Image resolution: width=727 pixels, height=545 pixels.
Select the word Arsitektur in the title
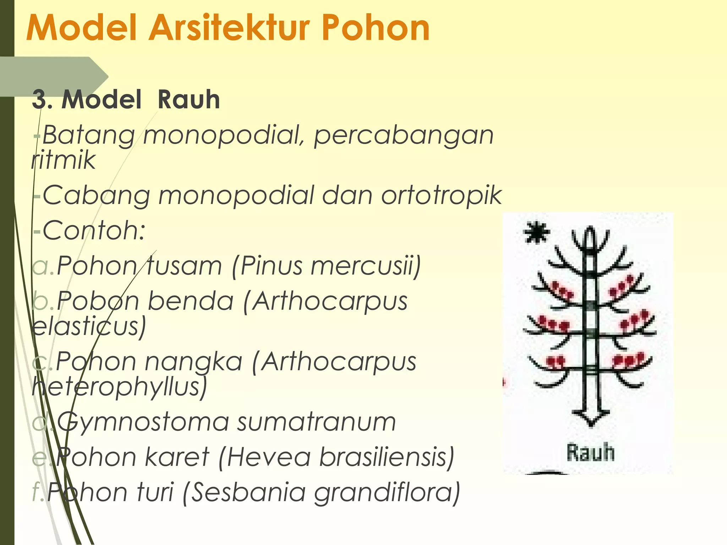[229, 28]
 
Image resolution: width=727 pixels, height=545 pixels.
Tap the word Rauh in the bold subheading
[188, 100]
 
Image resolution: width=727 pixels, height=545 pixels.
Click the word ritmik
[64, 160]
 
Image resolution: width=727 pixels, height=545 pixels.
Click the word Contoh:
[94, 231]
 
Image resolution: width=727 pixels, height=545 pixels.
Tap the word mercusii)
[366, 266]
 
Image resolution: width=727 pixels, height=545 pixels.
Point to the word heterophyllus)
[119, 387]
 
